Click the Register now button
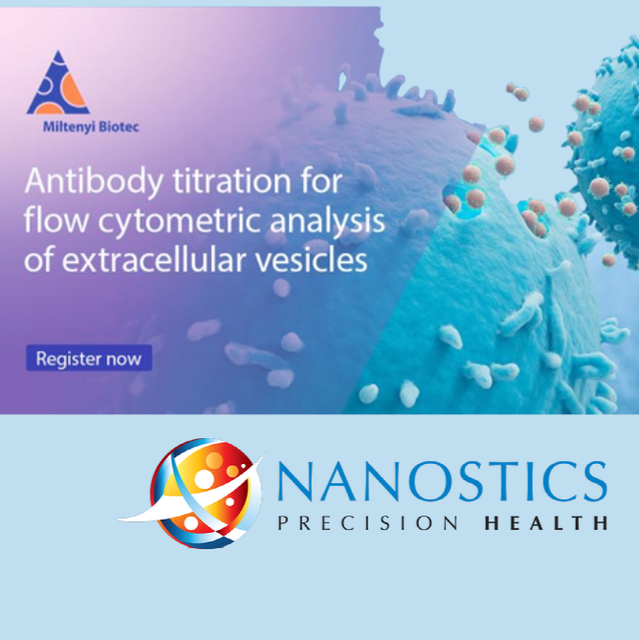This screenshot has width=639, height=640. click(x=89, y=358)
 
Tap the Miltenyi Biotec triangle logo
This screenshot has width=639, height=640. click(x=58, y=82)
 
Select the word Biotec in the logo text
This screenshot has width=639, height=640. click(x=119, y=127)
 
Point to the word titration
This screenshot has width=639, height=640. click(x=231, y=181)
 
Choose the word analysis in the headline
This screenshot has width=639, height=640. click(x=327, y=221)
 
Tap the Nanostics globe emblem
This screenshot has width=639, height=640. click(x=191, y=493)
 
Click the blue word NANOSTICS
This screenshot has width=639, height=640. click(x=442, y=481)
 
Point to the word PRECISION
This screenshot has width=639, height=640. click(x=368, y=523)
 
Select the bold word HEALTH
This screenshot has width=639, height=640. click(x=546, y=523)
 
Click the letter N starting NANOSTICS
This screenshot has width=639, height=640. click(x=295, y=481)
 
